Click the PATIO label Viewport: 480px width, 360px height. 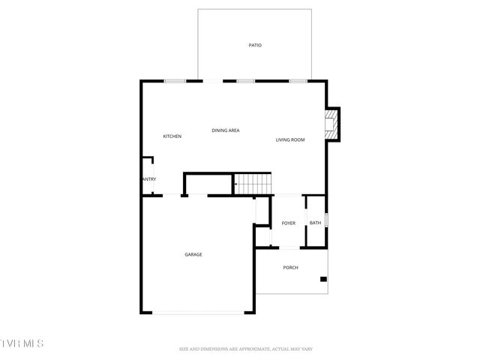pos(255,46)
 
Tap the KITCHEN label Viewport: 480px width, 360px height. pos(172,136)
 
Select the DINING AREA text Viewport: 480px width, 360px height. pos(225,130)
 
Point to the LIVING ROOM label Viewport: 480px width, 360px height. pos(289,139)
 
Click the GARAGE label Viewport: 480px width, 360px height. pos(193,254)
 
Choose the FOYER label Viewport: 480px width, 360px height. pos(289,223)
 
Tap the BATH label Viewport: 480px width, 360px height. pos(315,223)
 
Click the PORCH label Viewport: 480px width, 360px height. pos(291,268)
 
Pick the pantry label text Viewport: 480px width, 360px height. pos(148,178)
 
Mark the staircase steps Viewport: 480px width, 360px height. pos(253,184)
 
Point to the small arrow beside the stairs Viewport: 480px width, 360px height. pos(236,183)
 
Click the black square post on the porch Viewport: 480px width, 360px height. pos(323,280)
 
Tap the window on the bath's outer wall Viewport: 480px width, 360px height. pos(327,221)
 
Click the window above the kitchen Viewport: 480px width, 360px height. pos(175,81)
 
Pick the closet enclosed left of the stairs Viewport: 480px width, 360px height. pos(208,184)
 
